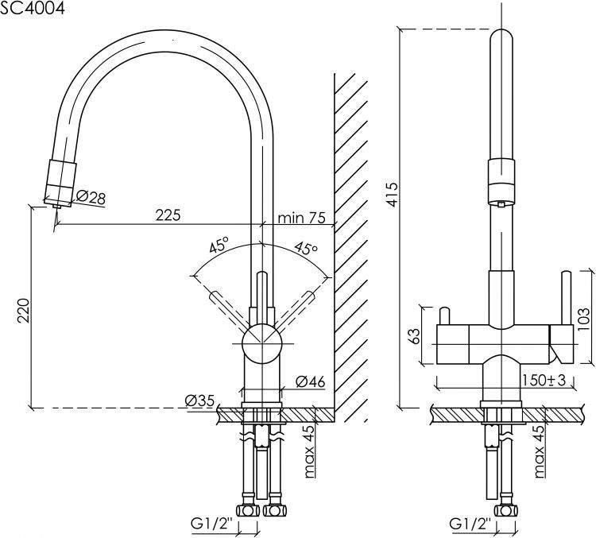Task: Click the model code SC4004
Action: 32,8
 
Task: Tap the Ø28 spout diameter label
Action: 91,197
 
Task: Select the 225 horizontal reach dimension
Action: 168,215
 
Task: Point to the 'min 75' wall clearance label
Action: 301,218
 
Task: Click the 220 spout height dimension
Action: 24,310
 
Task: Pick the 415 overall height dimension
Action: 393,194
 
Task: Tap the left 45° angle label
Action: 219,245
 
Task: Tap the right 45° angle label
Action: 307,248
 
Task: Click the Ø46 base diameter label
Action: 311,381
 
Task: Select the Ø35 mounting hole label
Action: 200,401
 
